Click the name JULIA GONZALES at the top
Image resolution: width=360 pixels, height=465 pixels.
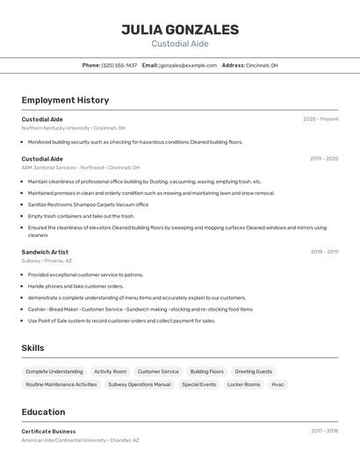(x=180, y=29)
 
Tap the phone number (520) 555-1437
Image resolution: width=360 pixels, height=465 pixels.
(x=119, y=65)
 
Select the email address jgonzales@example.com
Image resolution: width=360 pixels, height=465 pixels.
(x=187, y=65)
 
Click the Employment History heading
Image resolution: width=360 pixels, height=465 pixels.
(x=65, y=100)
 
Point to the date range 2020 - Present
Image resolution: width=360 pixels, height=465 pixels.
(x=320, y=119)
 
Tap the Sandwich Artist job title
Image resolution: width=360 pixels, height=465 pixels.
(x=45, y=252)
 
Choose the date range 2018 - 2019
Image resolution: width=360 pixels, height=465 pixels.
(x=324, y=252)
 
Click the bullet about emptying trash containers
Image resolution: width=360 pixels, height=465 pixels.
(x=81, y=216)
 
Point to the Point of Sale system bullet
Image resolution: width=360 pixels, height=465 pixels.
(x=121, y=320)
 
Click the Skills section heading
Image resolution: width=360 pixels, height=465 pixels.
(x=32, y=348)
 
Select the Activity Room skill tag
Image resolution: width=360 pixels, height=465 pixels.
(x=110, y=371)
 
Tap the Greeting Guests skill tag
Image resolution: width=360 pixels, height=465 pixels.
(x=253, y=371)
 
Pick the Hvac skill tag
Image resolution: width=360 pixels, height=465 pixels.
(x=277, y=384)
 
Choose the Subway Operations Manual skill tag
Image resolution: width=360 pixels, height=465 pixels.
(x=139, y=384)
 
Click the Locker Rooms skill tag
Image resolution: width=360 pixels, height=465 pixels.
(x=243, y=384)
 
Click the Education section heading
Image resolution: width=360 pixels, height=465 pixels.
(x=43, y=411)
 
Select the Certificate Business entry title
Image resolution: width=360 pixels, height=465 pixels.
(x=48, y=432)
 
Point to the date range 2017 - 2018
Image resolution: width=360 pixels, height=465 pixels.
(x=324, y=432)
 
